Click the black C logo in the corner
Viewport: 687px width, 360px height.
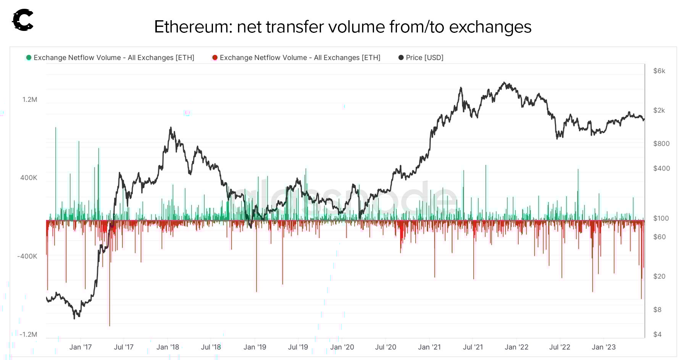pos(23,20)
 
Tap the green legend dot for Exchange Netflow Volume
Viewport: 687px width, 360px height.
pos(29,58)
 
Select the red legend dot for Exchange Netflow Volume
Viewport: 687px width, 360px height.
pos(215,58)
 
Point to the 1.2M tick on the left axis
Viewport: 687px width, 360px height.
pos(30,100)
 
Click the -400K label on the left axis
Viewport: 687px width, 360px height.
pos(27,256)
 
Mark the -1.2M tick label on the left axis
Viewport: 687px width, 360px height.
pos(28,334)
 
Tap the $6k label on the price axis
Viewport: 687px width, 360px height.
pos(659,71)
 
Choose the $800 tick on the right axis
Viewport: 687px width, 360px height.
pos(661,144)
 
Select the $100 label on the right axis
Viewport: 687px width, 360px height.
pos(661,218)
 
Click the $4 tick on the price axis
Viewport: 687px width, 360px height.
pos(657,334)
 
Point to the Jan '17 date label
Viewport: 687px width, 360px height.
pos(81,347)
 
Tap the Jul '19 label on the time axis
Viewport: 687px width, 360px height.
pos(298,347)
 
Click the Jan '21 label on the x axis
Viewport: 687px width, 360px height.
pos(429,347)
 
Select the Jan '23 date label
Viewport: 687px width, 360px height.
pos(603,347)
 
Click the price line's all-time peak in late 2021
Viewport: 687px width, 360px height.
pos(505,82)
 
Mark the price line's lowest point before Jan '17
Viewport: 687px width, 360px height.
pos(74,318)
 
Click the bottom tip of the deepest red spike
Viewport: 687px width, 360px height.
pos(110,326)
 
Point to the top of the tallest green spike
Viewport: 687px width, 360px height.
pos(56,128)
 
